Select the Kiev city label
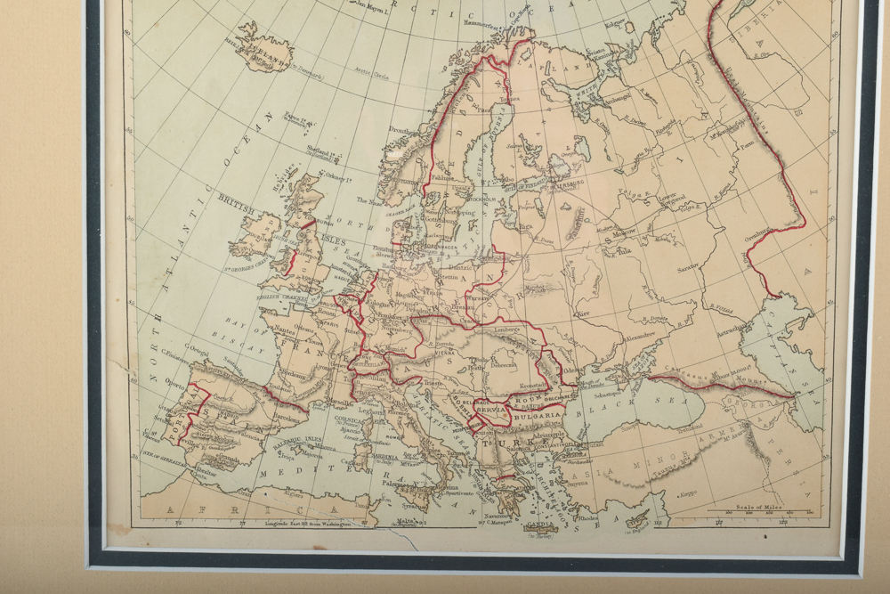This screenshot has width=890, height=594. click(x=583, y=314)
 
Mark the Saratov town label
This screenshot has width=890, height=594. click(x=687, y=266)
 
